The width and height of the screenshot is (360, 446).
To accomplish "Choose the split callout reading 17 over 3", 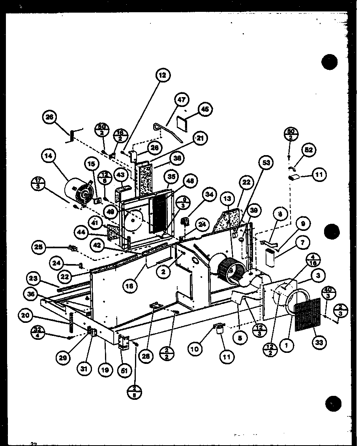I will coord(38,186).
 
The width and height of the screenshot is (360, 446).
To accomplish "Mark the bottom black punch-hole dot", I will coord(334,403).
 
